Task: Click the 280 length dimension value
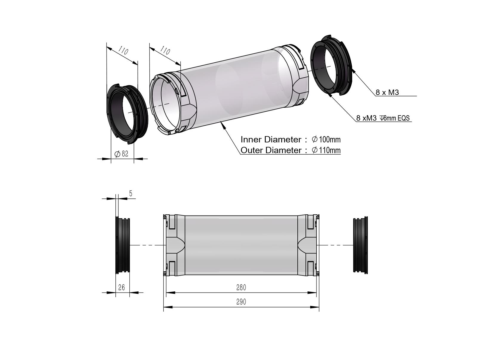[x=241, y=287]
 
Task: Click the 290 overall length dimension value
[x=241, y=302]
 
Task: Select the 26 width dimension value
[x=122, y=287]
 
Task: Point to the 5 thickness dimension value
[x=131, y=193]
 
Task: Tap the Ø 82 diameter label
[x=121, y=154]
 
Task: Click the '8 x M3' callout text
[x=387, y=92]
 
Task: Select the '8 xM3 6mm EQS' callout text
[x=383, y=118]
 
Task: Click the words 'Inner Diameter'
[x=271, y=139]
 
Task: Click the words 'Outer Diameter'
[x=271, y=150]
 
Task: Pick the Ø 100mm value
[x=326, y=139]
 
